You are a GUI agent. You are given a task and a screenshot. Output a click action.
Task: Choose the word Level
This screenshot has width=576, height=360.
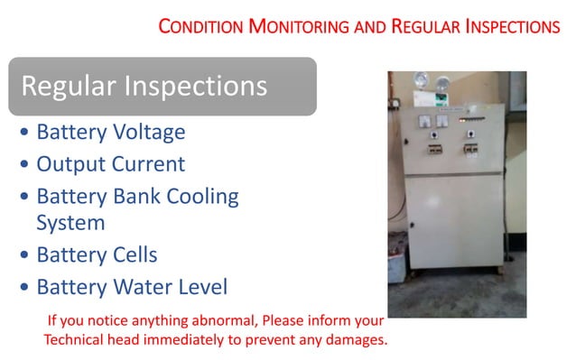[x=202, y=287]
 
